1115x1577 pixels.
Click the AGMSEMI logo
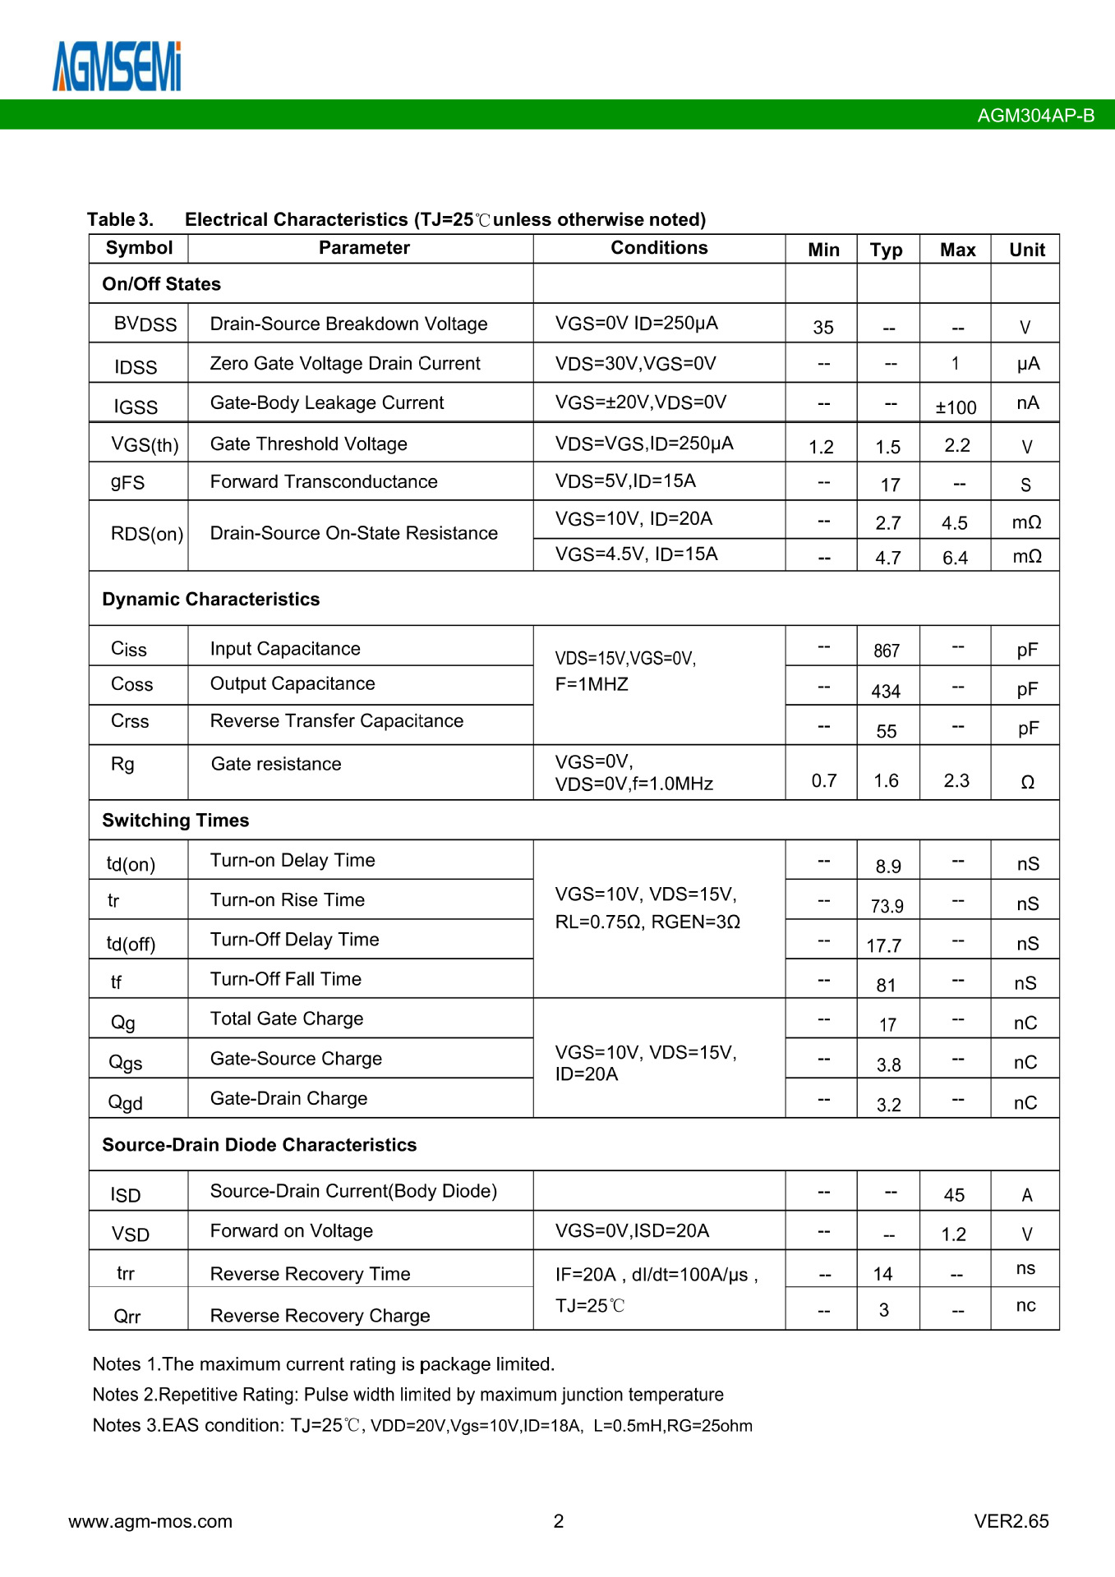pyautogui.click(x=117, y=67)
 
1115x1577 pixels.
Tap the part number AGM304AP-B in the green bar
pyautogui.click(x=1035, y=116)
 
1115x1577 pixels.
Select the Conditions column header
pyautogui.click(x=659, y=248)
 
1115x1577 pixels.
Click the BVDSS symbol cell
pyautogui.click(x=145, y=324)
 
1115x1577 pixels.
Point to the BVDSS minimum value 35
pyautogui.click(x=823, y=328)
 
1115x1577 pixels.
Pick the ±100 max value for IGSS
pyautogui.click(x=956, y=407)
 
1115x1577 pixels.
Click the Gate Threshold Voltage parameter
pyautogui.click(x=309, y=444)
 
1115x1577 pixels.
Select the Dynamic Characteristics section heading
pyautogui.click(x=211, y=600)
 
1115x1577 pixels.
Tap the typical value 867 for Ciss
pyautogui.click(x=887, y=651)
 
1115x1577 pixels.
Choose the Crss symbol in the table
pyautogui.click(x=130, y=721)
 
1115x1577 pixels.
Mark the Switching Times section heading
pyautogui.click(x=176, y=821)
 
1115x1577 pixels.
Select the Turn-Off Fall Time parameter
pyautogui.click(x=286, y=979)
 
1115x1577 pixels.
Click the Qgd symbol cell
pyautogui.click(x=126, y=1103)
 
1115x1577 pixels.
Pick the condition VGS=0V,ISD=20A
pyautogui.click(x=632, y=1230)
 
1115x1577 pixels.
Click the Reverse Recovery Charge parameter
pyautogui.click(x=320, y=1316)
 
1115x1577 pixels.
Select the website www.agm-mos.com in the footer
pyautogui.click(x=150, y=1521)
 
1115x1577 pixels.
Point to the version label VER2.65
pyautogui.click(x=1011, y=1521)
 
